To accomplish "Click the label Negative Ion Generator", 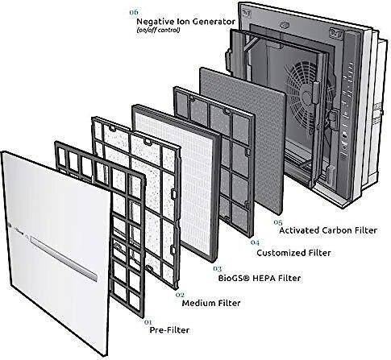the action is (186, 22).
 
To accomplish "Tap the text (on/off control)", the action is (158, 30).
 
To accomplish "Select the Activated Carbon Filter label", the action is (328, 230).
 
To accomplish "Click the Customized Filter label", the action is (293, 253).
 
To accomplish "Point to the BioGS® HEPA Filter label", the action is (260, 278).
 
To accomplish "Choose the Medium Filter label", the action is (211, 303).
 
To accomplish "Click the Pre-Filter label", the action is (169, 330).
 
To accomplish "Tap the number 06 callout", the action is (134, 12).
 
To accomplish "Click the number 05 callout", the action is (278, 222).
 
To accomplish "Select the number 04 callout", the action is (255, 242).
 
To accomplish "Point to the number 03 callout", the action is (217, 268).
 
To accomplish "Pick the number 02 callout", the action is (180, 295).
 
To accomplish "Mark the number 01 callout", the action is (148, 321).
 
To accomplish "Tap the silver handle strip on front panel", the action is (64, 259).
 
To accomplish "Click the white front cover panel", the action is (54, 250).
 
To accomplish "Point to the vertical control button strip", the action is (347, 107).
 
